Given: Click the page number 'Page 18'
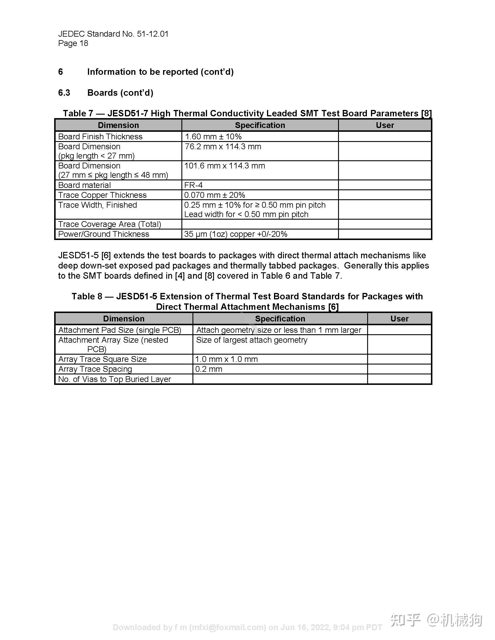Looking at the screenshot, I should (x=73, y=43).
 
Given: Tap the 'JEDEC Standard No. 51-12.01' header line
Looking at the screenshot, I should (x=113, y=34).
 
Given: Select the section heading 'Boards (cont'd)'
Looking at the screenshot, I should (x=120, y=93).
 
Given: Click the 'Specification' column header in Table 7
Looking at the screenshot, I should (x=260, y=125).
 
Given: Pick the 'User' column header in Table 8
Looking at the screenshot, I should (x=399, y=319).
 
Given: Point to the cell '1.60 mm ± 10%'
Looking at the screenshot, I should (x=213, y=136).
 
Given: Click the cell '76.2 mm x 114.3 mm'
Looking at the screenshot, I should (x=223, y=147).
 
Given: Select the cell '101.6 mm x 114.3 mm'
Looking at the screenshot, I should (x=224, y=166).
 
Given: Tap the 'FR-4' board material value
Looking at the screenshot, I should (x=193, y=185).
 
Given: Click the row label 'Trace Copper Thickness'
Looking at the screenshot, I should (x=102, y=195).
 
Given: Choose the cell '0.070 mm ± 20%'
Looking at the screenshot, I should (x=215, y=195).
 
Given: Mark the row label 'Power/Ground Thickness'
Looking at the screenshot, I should (x=104, y=234).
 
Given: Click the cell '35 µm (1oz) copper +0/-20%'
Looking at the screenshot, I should (x=236, y=234).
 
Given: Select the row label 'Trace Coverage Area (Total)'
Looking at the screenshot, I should (x=110, y=224).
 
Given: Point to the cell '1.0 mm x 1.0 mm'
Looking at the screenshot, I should (x=226, y=359).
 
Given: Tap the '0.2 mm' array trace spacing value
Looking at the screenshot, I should (x=209, y=369).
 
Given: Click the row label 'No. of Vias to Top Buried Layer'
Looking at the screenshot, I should (x=114, y=379).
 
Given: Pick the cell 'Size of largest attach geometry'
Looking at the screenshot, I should (x=252, y=340).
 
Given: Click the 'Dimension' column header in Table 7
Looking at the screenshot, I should (x=118, y=125).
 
